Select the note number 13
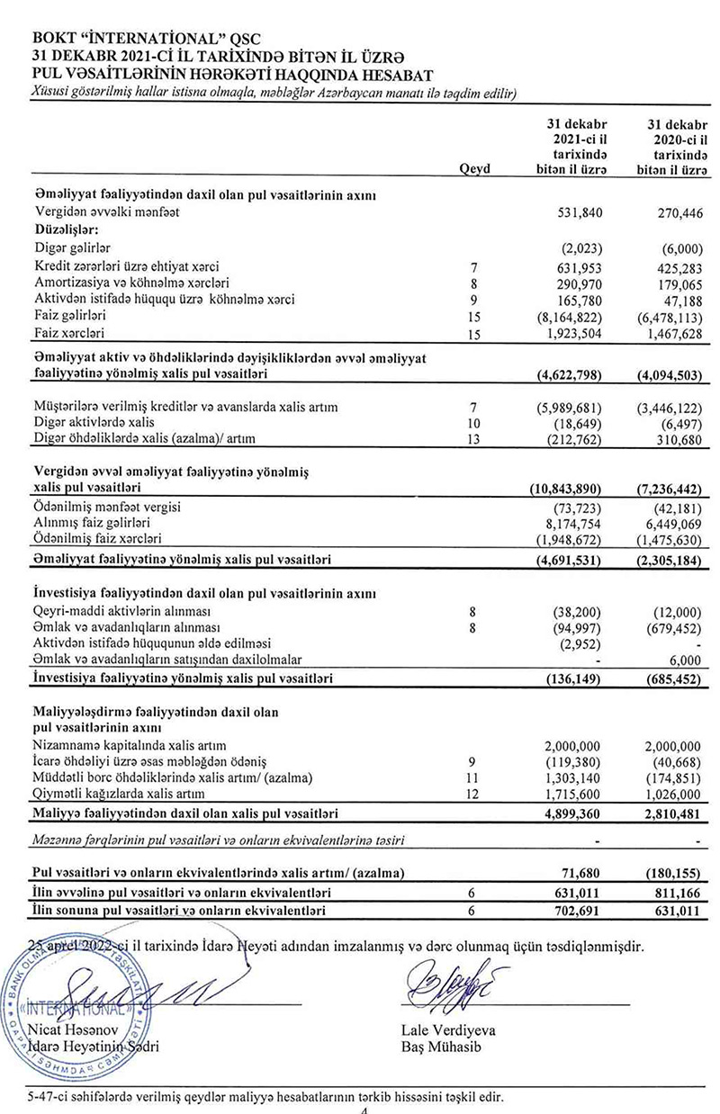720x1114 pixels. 475,439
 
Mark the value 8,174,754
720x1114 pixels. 579,523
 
